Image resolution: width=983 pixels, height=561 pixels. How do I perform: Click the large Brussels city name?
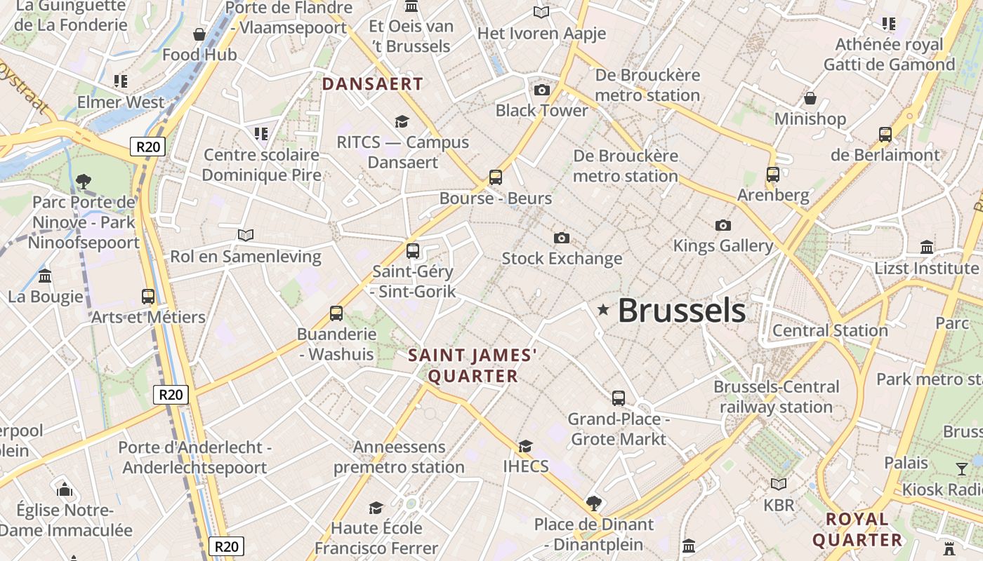[681, 311]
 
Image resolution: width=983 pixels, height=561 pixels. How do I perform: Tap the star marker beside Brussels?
[603, 309]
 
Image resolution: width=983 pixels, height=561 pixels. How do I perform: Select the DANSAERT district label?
[372, 84]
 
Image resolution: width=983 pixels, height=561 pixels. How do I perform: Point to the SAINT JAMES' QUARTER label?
[473, 365]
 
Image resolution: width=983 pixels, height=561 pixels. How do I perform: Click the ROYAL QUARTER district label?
[857, 529]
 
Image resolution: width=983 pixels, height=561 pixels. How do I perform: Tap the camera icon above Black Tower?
[541, 90]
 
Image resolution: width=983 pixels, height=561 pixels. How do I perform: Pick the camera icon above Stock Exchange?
[561, 238]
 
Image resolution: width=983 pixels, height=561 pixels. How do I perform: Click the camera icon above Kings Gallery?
[723, 225]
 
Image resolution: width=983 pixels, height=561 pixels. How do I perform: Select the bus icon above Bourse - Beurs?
[496, 177]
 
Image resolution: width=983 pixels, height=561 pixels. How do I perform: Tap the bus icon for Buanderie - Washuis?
[336, 313]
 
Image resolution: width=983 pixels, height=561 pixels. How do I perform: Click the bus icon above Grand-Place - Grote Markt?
[619, 398]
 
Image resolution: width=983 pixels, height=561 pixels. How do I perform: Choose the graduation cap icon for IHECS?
[525, 446]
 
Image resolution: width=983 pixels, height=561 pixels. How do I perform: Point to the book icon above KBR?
[778, 484]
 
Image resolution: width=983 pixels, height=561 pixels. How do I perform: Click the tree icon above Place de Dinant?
[594, 503]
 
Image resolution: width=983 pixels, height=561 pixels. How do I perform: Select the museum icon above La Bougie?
[46, 276]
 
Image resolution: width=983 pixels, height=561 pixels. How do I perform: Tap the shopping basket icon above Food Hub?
[199, 34]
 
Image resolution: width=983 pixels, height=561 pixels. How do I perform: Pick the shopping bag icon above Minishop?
[810, 97]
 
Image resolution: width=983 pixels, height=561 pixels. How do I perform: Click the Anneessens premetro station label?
[399, 457]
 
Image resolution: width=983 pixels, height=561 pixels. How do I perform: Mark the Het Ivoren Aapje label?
[541, 33]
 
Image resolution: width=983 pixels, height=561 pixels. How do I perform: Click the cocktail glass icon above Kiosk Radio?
[961, 468]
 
